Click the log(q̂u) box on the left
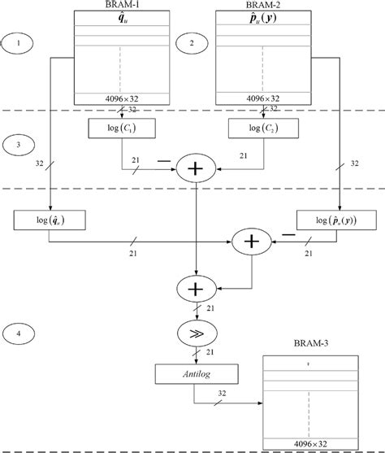tap(49, 219)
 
